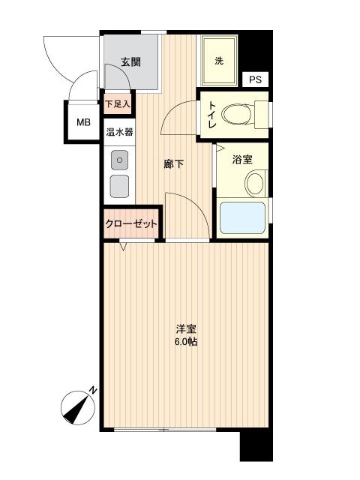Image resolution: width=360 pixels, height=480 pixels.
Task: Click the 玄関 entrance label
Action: [131, 62]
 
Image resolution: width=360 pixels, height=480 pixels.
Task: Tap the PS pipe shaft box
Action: [255, 79]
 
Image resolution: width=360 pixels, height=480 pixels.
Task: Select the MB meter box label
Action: [83, 123]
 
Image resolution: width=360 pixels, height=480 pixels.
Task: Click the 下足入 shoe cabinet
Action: [118, 103]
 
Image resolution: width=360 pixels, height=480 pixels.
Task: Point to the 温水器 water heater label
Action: [119, 132]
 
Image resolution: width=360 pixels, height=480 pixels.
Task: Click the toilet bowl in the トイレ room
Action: [238, 115]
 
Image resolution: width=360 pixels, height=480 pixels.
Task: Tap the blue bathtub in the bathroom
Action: [242, 217]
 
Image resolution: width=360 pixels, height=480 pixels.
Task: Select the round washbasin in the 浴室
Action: [255, 184]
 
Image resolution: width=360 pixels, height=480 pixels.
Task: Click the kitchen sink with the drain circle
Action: [120, 160]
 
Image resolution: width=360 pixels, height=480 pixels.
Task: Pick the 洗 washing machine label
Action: [219, 61]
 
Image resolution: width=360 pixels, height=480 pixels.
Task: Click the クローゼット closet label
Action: [131, 223]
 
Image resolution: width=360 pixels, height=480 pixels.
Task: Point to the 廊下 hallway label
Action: [173, 164]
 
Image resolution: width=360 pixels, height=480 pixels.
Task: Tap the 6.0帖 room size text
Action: [186, 341]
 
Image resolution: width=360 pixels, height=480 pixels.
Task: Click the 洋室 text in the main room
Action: [186, 329]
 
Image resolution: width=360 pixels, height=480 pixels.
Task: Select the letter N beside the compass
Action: [93, 391]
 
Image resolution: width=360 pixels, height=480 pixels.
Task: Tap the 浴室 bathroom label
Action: [242, 159]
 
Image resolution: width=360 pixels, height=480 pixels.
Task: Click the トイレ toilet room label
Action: [212, 115]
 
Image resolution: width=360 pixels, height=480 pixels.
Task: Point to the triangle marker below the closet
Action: [123, 246]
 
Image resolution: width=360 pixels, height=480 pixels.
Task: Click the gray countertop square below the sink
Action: [120, 186]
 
